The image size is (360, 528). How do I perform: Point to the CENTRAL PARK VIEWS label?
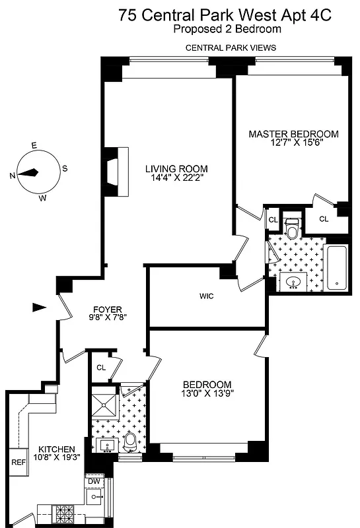pos(231,48)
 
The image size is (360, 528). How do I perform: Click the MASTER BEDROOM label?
pos(293,134)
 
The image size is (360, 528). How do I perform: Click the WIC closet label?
pos(207,296)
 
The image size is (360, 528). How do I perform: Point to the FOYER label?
pos(107,308)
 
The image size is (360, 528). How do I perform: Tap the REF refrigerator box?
pos(18,462)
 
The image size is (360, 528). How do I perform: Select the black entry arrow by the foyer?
pos(40,307)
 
